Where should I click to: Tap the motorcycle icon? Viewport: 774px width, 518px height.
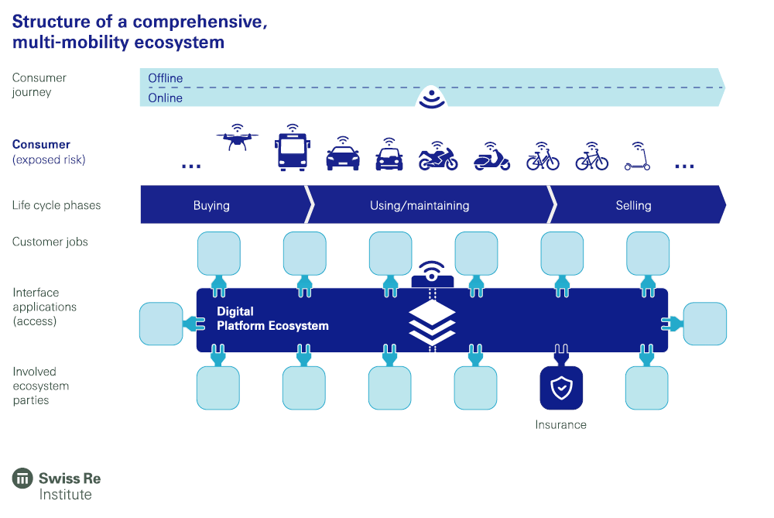438,159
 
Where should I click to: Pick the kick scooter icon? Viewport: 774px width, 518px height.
638,159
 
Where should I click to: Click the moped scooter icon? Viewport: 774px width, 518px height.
491,159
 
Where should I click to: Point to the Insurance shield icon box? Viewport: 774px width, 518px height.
560,388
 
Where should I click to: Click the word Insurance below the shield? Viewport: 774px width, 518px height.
560,424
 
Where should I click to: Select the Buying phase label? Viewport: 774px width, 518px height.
211,205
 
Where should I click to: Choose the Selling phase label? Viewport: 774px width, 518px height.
633,205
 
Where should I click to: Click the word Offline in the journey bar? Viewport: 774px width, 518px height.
166,78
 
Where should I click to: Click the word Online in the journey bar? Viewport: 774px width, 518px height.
166,98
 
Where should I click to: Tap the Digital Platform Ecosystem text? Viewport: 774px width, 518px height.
272,318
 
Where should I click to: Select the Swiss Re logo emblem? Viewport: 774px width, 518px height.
22,479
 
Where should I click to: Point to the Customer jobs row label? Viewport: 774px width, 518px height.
50,242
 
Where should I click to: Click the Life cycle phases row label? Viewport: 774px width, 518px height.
57,205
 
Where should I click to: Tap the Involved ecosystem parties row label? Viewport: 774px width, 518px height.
41,386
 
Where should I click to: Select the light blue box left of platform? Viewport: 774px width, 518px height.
160,324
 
